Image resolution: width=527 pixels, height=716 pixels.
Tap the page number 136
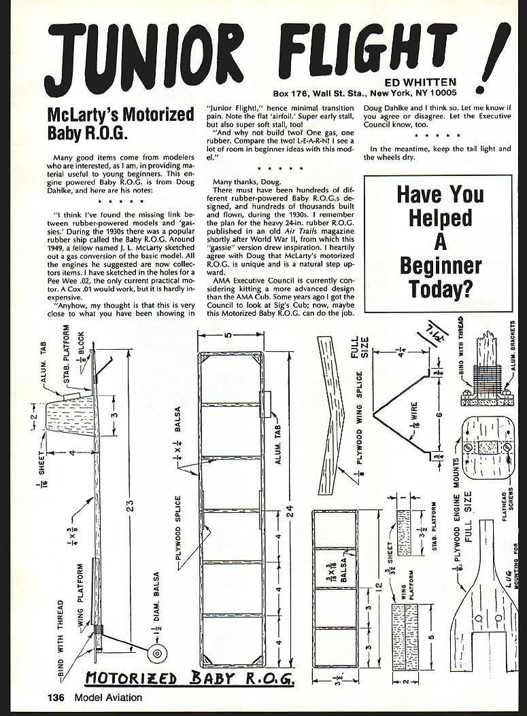(x=56, y=697)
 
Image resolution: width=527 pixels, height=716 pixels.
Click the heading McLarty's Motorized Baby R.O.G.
(x=121, y=122)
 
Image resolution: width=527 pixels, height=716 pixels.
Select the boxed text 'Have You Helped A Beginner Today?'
(x=439, y=242)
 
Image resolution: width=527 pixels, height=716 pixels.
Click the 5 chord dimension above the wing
(x=231, y=334)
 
